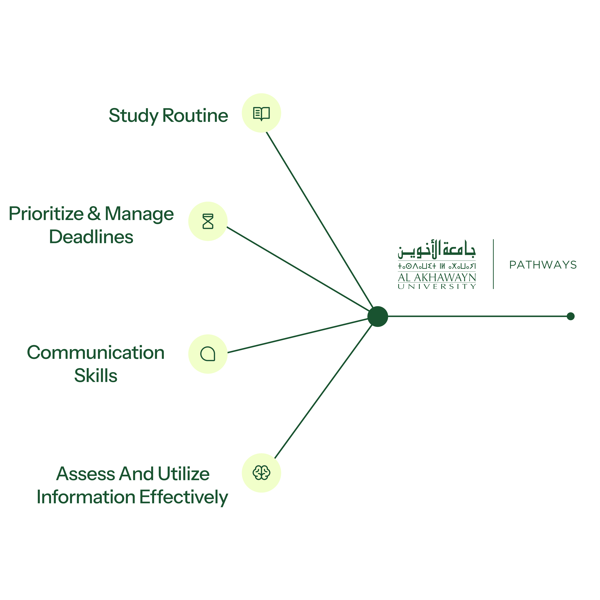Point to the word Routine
pyautogui.click(x=195, y=116)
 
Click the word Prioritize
pyautogui.click(x=46, y=214)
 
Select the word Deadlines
pyautogui.click(x=91, y=237)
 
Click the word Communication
pyautogui.click(x=96, y=353)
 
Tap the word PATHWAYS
pyautogui.click(x=543, y=265)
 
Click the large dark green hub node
pyautogui.click(x=378, y=316)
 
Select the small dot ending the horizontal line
pyautogui.click(x=571, y=316)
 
